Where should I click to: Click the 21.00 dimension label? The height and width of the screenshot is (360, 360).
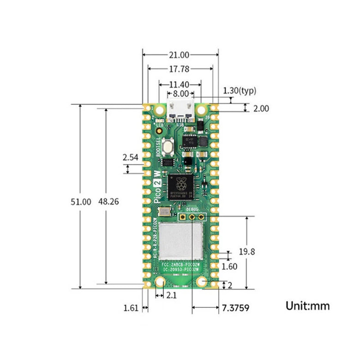[x=179, y=55]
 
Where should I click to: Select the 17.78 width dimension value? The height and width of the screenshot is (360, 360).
[x=179, y=69]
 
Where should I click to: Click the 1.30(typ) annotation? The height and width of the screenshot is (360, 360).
[x=239, y=91]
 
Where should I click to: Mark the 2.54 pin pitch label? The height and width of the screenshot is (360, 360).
[x=131, y=157]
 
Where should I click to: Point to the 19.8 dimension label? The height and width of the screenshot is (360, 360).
[x=247, y=252]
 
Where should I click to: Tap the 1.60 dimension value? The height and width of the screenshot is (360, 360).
[x=229, y=266]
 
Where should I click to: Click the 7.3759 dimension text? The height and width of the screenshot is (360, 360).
[x=235, y=307]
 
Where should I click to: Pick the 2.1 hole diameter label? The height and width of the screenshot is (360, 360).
[x=171, y=294]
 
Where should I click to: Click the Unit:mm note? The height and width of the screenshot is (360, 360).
[x=308, y=306]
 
